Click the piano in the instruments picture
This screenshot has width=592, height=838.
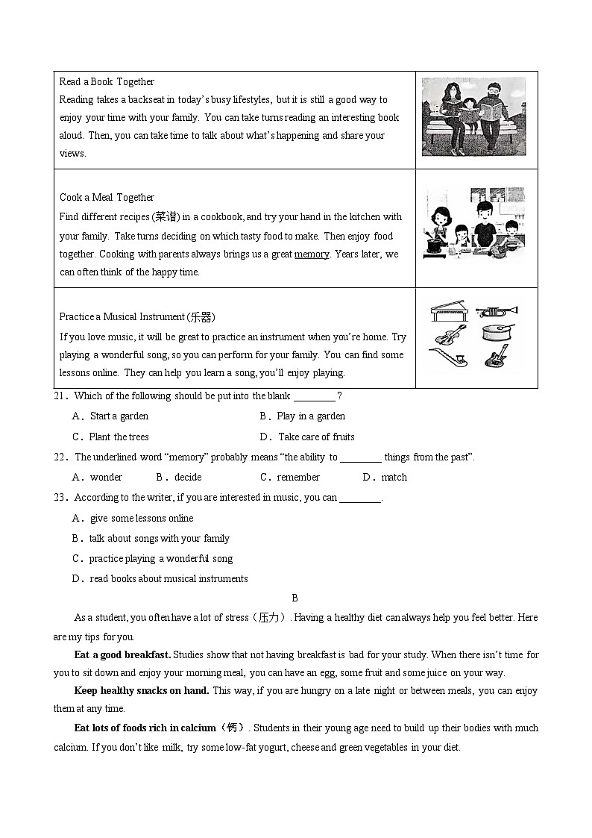click(448, 311)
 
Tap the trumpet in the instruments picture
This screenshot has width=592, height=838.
click(495, 311)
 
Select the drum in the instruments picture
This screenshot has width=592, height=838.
click(496, 333)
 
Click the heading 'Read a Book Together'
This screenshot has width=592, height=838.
click(107, 81)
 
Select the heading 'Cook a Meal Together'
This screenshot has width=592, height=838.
click(107, 198)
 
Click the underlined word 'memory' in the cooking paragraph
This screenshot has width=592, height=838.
click(312, 254)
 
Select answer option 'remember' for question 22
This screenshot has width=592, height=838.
click(297, 478)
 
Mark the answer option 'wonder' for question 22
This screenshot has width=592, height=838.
click(106, 478)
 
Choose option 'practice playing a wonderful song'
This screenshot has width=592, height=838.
click(160, 559)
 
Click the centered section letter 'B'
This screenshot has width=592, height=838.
click(295, 598)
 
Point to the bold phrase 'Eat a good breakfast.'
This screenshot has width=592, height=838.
click(123, 655)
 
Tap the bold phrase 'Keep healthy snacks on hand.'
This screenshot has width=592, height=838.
click(142, 691)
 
